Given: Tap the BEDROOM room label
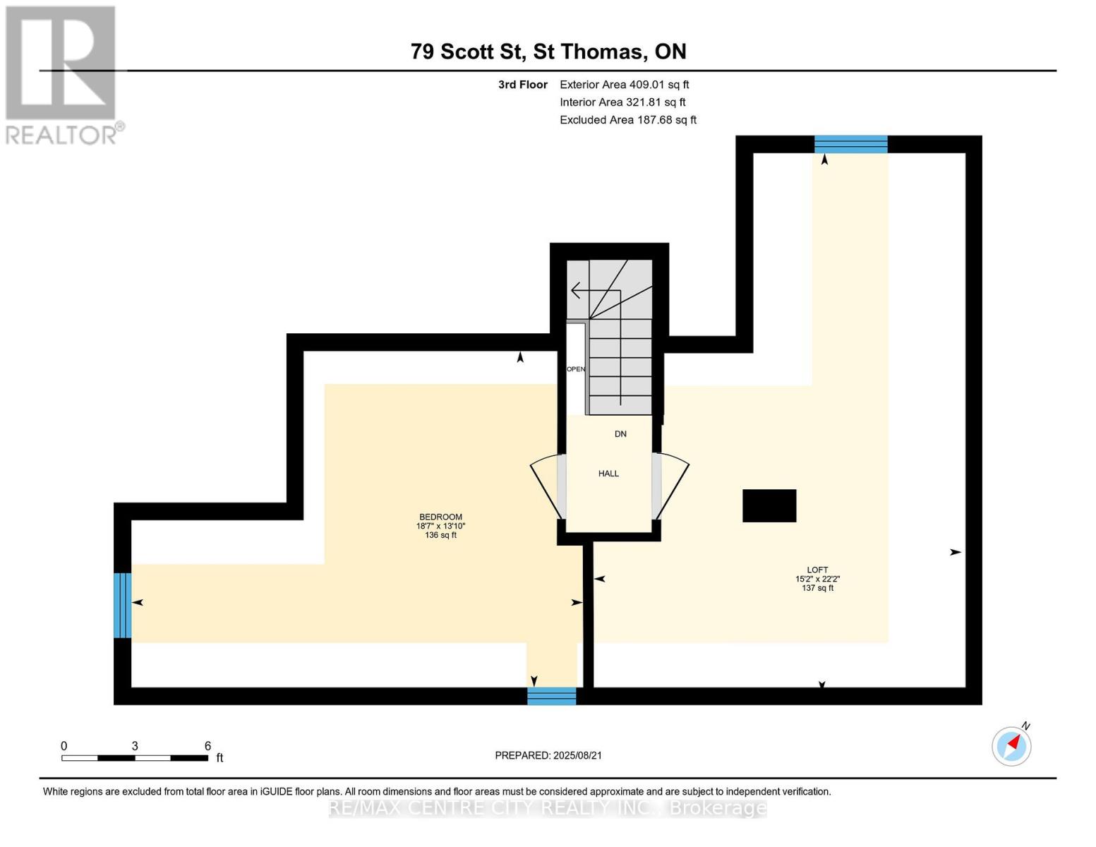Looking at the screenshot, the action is click(x=440, y=517).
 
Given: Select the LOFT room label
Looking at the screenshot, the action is click(x=817, y=570).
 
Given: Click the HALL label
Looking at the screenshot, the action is click(x=608, y=473).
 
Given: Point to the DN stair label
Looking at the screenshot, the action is click(x=620, y=434).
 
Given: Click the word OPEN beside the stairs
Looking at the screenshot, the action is click(x=575, y=368).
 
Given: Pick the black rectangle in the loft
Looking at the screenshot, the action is click(x=769, y=505).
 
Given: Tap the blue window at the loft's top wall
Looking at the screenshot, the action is click(x=851, y=144).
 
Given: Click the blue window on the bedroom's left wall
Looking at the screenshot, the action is click(x=123, y=605).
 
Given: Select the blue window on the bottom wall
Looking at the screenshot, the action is click(x=551, y=696).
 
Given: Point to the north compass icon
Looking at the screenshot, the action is click(x=1011, y=746).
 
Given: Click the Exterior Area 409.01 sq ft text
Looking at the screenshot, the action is click(x=624, y=85).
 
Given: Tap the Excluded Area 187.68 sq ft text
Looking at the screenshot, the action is click(x=628, y=120).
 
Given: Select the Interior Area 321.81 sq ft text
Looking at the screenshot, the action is click(x=622, y=102).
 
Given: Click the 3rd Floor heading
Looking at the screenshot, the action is click(x=522, y=85).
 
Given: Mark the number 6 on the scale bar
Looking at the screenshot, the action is click(x=207, y=745).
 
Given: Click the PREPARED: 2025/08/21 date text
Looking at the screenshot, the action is click(x=548, y=755).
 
